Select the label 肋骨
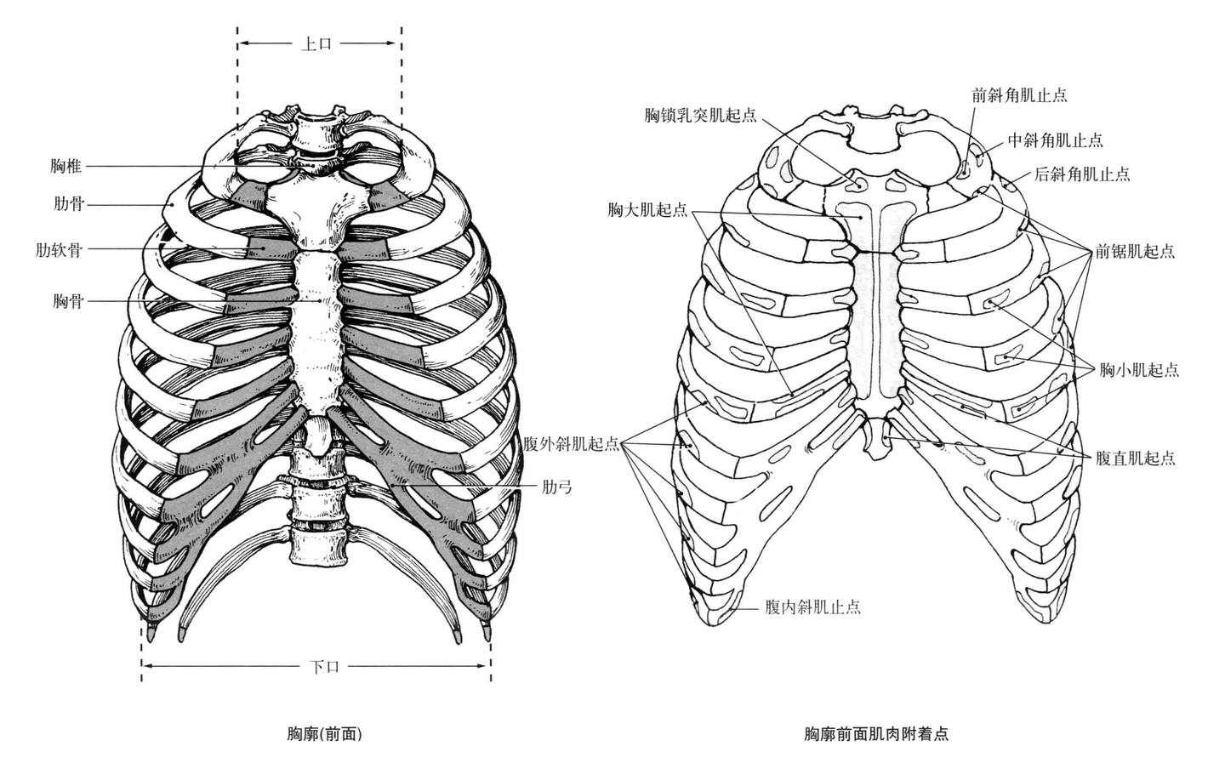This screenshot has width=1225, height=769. [x=67, y=204]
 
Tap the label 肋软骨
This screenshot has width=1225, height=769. [x=60, y=249]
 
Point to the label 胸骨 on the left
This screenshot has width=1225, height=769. [x=67, y=300]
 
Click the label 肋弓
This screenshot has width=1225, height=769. [x=557, y=487]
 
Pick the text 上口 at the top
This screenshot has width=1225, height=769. [x=316, y=43]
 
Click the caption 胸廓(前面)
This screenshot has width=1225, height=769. [x=325, y=732]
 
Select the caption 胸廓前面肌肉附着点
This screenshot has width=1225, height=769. [x=876, y=732]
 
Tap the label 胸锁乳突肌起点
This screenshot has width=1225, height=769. [x=700, y=115]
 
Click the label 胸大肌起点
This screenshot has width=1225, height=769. [x=647, y=209]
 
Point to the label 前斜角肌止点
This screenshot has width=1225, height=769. [x=1019, y=95]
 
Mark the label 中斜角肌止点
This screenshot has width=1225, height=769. [x=1055, y=140]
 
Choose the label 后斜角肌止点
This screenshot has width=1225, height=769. [x=1082, y=174]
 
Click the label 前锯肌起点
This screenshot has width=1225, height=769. [x=1135, y=251]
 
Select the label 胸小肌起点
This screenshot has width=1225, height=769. [x=1139, y=369]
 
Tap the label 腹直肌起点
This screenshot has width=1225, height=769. [x=1135, y=458]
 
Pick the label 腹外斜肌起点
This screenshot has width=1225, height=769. [x=572, y=444]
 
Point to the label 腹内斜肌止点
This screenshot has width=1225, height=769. [x=812, y=607]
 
